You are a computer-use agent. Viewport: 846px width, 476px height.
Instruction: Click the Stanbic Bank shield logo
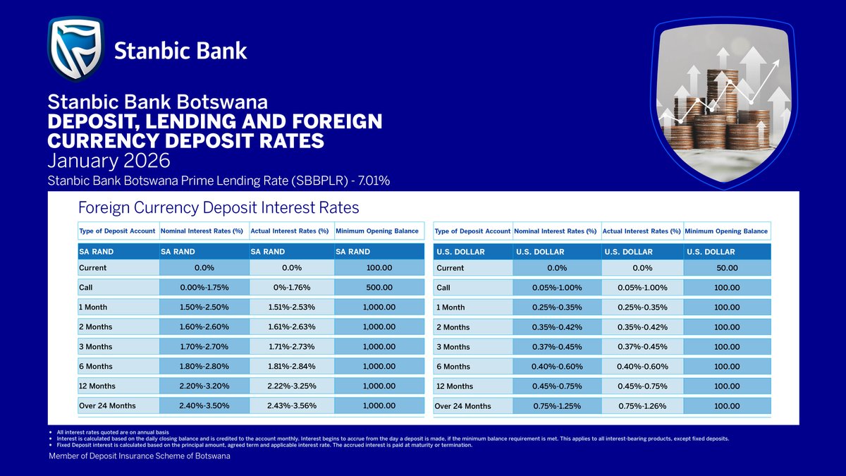point(75,49)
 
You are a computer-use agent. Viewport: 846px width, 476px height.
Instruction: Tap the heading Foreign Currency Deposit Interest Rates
point(219,208)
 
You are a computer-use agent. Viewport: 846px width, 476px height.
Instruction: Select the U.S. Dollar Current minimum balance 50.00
point(727,268)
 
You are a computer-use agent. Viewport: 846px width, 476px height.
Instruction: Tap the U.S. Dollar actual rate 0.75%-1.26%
point(642,405)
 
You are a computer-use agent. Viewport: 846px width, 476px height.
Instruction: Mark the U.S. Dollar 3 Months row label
point(453,347)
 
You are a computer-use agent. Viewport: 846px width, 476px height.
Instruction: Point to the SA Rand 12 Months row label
point(102,386)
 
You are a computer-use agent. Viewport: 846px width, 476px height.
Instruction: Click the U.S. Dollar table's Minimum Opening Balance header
point(726,231)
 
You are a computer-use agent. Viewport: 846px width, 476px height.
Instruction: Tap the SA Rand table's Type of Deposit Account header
point(118,231)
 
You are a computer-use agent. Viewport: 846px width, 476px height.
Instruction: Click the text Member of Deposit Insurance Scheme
point(139,456)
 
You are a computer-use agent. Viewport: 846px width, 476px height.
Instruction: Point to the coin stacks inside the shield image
point(719,113)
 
